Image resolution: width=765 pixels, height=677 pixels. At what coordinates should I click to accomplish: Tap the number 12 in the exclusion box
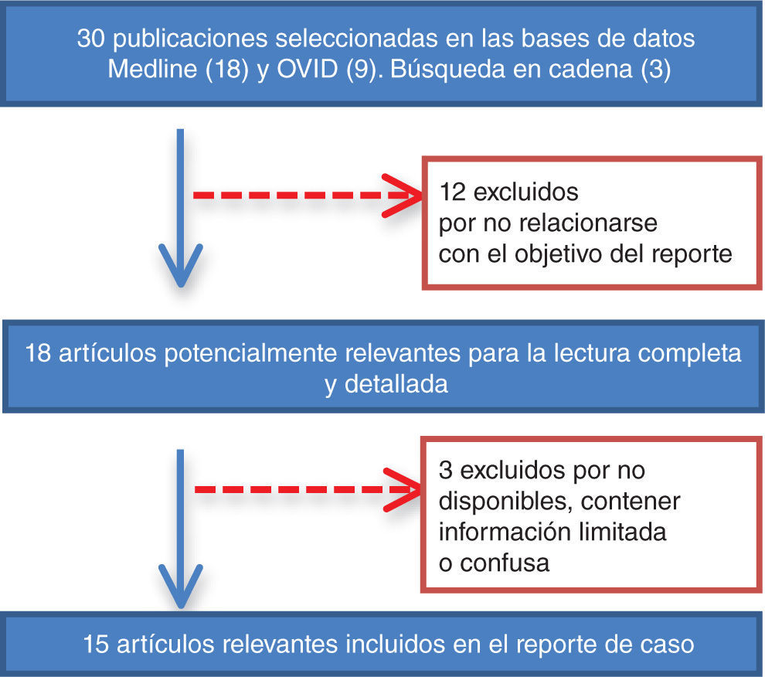pos(451,191)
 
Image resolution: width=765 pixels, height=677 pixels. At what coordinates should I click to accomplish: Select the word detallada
pos(397,384)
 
